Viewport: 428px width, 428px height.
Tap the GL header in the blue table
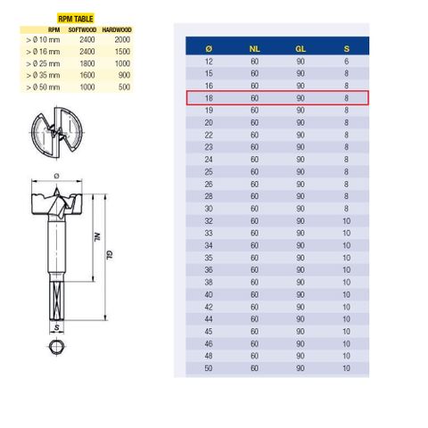(300, 47)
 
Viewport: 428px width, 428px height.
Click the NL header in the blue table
(254, 47)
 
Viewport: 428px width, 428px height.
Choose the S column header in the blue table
(346, 47)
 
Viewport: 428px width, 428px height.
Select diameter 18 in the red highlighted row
(209, 98)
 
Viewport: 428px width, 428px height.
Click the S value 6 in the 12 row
(346, 62)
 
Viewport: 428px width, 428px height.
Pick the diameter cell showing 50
(209, 367)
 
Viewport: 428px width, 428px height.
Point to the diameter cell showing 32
(209, 218)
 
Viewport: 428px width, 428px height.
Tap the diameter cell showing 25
(209, 170)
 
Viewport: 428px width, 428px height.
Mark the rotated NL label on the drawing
(95, 237)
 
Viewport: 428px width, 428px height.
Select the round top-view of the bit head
(58, 130)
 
